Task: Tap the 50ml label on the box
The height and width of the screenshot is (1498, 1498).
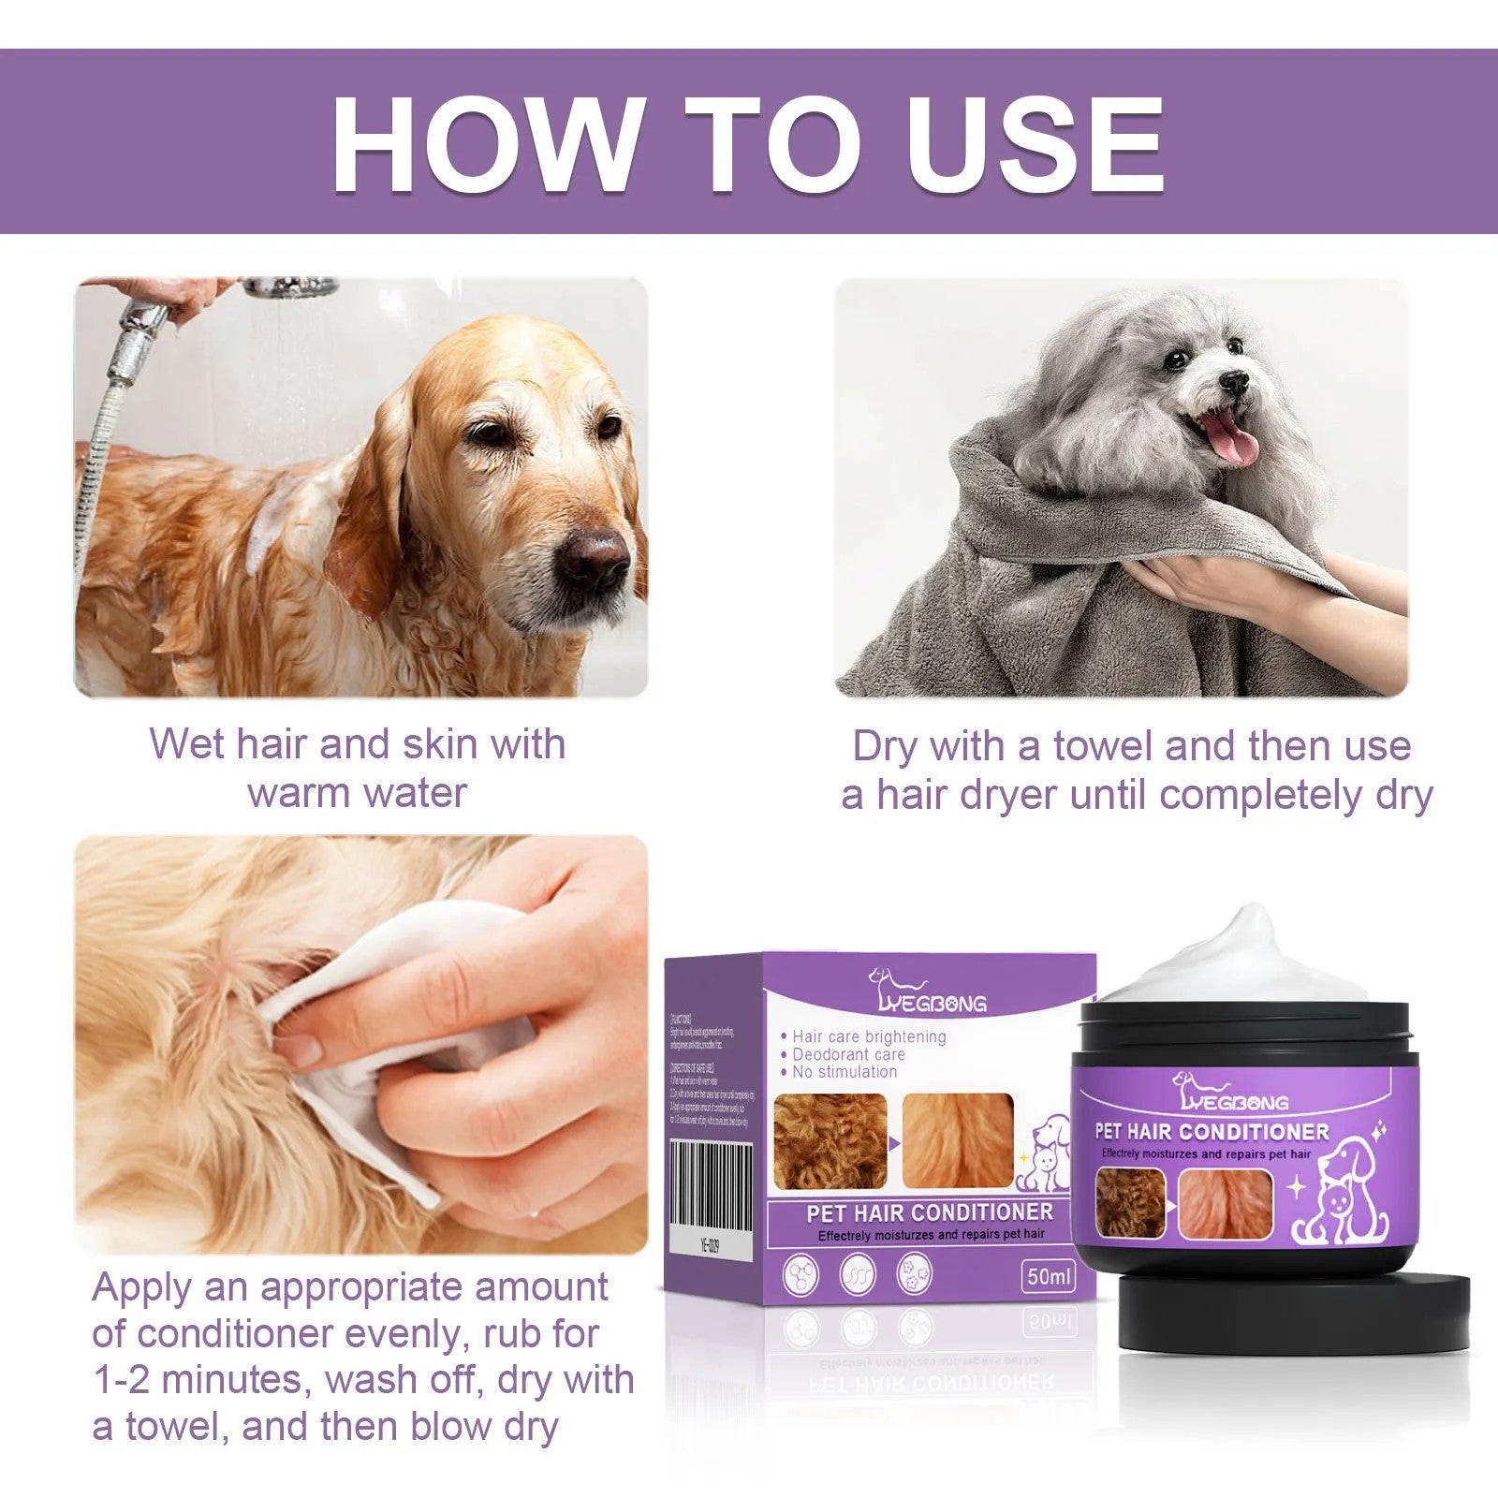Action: (x=1050, y=1276)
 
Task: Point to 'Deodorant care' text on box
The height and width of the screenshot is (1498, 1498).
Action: (x=848, y=1054)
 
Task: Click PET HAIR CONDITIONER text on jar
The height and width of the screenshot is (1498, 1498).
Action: (x=1212, y=1132)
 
